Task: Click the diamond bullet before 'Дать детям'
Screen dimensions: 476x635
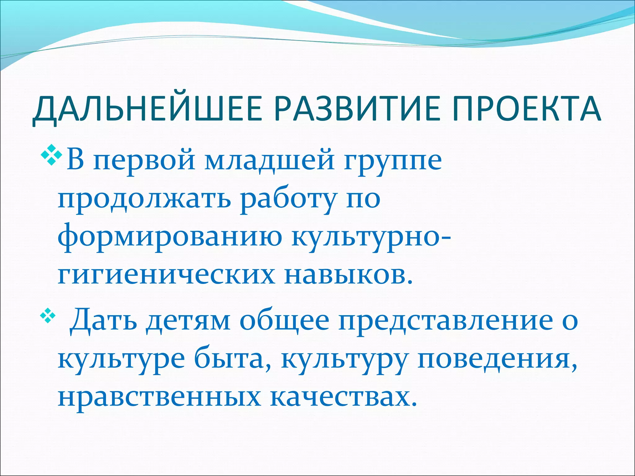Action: click(48, 317)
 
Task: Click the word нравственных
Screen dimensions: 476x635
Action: click(159, 398)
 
